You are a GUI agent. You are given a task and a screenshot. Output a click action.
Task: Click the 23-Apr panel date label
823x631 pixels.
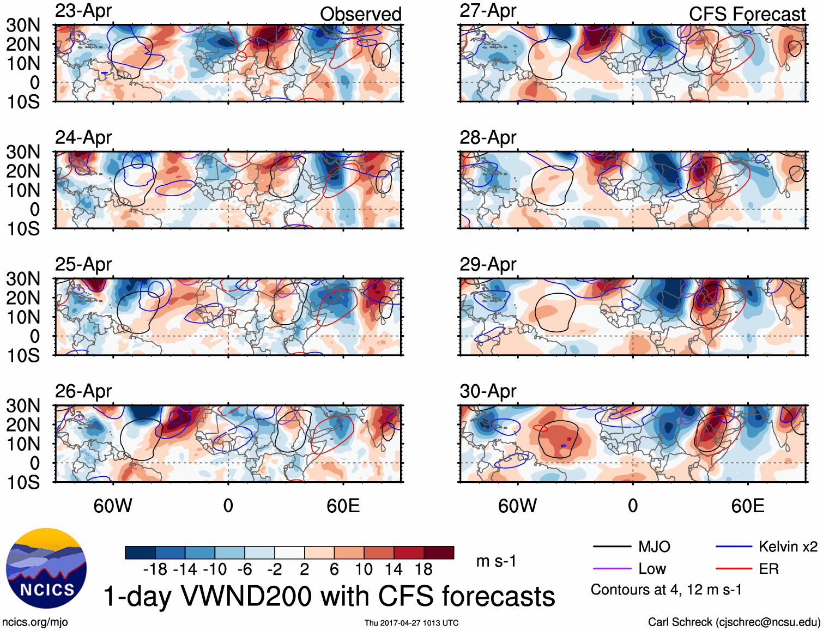coord(83,11)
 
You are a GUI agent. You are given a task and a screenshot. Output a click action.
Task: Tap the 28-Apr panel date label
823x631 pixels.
coord(488,138)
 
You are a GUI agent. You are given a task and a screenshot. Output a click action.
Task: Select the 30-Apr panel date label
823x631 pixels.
coord(488,391)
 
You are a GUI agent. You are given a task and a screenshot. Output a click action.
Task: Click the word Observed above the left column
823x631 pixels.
coord(360,14)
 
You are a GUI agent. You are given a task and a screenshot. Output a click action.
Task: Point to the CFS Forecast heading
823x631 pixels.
coord(747,14)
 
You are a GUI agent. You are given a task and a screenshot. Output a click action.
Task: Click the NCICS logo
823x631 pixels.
coord(46,568)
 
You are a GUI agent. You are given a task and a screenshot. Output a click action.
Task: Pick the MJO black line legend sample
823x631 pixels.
coord(612,547)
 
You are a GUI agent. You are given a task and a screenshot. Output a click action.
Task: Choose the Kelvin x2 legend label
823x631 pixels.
coord(788,547)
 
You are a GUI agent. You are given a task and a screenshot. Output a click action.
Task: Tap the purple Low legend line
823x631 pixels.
coord(612,569)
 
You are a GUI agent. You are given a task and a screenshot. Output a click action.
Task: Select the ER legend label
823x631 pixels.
coord(768,569)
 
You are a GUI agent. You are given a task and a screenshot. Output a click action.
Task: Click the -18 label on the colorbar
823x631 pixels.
coord(155,569)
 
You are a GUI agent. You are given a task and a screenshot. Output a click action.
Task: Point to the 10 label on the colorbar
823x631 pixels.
coord(364,569)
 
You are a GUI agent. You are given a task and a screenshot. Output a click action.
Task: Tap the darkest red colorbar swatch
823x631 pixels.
coord(439,553)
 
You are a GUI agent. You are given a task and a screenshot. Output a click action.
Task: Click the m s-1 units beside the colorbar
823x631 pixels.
coord(496,561)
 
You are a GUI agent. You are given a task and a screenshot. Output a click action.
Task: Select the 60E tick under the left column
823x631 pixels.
coord(343,506)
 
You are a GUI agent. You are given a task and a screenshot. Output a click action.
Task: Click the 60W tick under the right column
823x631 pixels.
coord(517,506)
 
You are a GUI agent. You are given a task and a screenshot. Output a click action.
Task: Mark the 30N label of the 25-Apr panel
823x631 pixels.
coord(23,279)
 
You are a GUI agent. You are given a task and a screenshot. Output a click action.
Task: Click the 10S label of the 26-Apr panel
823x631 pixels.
coord(23,482)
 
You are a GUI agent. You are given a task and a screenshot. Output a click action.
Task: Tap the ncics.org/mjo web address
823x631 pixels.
coord(35,622)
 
